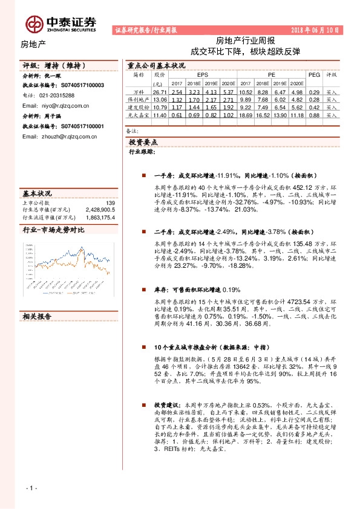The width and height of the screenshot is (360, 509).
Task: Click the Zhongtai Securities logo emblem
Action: pos(35,23)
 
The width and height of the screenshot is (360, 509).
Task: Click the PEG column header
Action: pos(313,74)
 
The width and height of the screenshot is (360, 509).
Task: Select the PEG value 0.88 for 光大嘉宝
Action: pos(313,114)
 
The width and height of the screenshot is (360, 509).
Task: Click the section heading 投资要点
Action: pos(143,141)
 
